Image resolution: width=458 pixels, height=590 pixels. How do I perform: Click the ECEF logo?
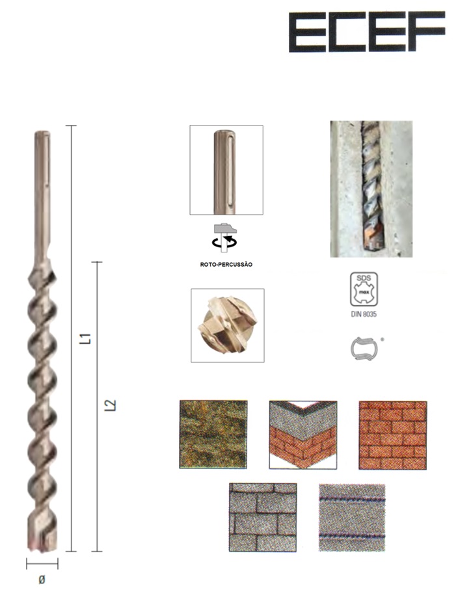coord(367,32)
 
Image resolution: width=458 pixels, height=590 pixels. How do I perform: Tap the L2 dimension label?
coord(110,405)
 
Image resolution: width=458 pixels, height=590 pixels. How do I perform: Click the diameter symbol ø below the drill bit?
coord(42,580)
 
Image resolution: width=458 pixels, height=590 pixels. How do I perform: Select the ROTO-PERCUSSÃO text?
coord(226,265)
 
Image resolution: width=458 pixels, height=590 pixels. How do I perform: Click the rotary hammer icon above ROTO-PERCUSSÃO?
coord(225,237)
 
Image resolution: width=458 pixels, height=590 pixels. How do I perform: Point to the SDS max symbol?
coord(364,289)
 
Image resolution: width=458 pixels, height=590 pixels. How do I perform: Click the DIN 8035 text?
coord(364,314)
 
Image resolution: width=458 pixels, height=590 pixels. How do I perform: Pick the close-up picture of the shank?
coord(226,170)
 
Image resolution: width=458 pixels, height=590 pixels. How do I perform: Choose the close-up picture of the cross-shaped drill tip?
coord(227,325)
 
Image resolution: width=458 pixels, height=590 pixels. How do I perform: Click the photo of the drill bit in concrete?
coord(371,189)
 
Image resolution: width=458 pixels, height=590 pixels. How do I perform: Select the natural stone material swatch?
coord(213,435)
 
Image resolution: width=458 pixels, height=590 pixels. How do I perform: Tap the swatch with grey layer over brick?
coord(303,435)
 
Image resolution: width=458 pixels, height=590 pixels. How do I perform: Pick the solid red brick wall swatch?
coord(392,435)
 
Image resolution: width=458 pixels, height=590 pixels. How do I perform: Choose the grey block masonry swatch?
coord(263,518)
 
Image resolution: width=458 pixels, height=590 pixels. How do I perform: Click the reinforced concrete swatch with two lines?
coord(352,518)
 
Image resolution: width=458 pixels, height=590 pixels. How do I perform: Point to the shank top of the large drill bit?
coord(42,134)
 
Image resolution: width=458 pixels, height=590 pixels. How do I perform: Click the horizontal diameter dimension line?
coord(42,564)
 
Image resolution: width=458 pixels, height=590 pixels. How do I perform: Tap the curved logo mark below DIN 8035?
coord(363,348)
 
